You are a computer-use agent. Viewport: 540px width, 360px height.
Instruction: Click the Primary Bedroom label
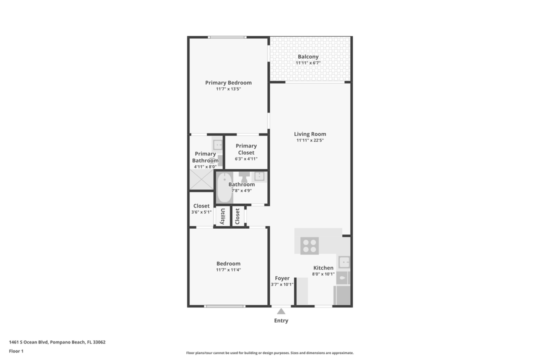coord(228,83)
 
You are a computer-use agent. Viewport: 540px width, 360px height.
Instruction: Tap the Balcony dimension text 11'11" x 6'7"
coord(307,63)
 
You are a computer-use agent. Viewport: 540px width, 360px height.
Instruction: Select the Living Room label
coord(310,134)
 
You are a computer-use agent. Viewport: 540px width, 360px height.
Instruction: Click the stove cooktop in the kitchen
coord(309,245)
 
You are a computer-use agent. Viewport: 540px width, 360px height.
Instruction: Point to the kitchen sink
coord(343,261)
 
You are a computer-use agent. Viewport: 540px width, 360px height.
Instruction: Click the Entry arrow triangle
coord(281,311)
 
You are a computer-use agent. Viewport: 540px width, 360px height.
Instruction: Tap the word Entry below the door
coord(281,320)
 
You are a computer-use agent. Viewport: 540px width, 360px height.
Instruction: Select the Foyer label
coord(282,278)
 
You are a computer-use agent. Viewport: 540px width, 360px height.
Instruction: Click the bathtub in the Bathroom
coord(224,187)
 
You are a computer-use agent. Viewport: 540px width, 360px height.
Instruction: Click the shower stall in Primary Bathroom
coord(201,180)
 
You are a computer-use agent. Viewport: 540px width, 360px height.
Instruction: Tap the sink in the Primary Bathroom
coord(217,144)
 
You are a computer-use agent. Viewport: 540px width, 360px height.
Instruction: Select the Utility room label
coord(222,216)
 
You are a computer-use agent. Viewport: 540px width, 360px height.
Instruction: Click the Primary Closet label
coord(246,149)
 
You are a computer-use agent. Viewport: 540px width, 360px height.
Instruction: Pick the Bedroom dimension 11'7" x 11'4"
coord(228,270)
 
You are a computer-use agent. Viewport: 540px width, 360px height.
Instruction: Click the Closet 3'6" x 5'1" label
coord(201,206)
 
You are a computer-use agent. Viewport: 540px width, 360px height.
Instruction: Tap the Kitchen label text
coord(323,268)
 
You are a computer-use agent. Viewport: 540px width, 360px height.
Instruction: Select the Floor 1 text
coord(16,351)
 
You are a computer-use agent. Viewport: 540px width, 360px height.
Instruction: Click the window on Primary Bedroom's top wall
coord(227,37)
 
